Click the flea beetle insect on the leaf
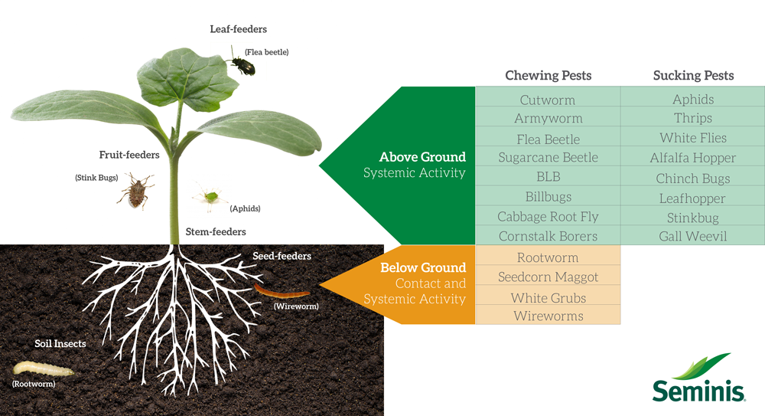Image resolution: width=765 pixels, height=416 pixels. click(244, 64)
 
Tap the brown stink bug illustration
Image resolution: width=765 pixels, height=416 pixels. click(135, 190)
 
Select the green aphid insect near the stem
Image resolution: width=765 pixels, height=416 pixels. click(209, 197)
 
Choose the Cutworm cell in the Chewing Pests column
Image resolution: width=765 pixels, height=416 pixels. click(547, 100)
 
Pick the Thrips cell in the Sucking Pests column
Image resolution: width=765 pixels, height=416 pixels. click(692, 118)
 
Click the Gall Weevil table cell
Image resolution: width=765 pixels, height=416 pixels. click(692, 236)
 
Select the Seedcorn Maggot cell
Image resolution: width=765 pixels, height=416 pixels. click(548, 277)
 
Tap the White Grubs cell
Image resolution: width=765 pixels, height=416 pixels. click(548, 297)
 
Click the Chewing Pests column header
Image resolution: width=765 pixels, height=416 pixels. click(548, 75)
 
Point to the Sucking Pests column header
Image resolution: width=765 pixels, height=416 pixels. click(693, 75)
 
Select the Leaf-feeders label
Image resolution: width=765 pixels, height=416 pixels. click(238, 29)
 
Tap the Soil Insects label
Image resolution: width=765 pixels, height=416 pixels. click(60, 344)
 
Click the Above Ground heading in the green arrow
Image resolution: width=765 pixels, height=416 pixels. click(422, 157)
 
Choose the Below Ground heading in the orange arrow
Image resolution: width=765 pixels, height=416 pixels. click(423, 267)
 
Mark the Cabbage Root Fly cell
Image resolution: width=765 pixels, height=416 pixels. click(548, 217)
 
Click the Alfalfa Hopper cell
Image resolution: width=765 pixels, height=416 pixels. click(692, 158)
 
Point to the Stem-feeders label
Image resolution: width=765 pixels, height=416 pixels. click(216, 231)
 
